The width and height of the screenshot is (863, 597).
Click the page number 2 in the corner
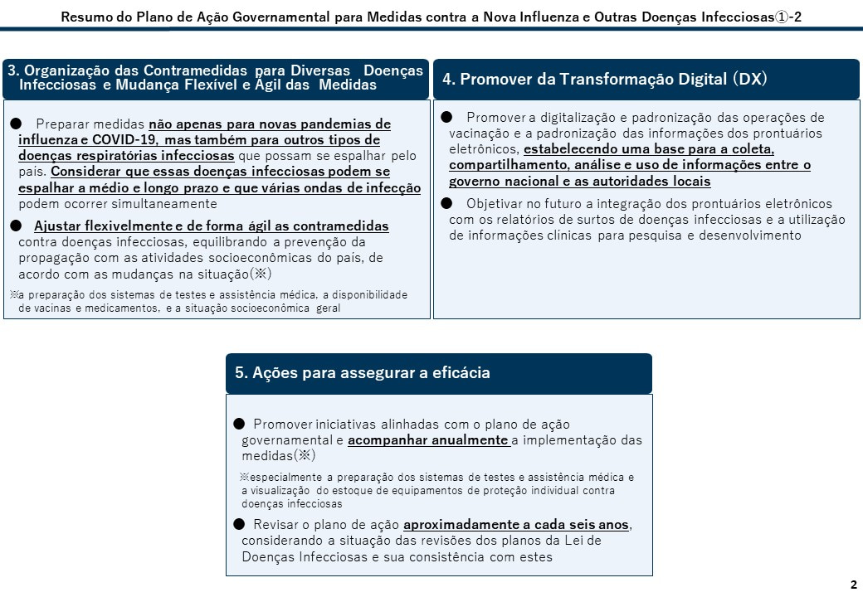[854, 585]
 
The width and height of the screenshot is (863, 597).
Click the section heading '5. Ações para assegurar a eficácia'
[362, 373]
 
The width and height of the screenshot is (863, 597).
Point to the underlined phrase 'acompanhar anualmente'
[428, 440]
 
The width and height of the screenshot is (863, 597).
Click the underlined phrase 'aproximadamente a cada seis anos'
[516, 525]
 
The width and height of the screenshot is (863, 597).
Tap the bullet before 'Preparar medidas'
[16, 124]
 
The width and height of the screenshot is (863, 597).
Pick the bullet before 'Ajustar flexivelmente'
[16, 226]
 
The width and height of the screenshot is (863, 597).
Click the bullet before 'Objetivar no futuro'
[446, 203]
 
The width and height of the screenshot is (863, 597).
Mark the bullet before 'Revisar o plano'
[239, 524]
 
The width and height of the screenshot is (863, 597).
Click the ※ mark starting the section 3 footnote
[14, 295]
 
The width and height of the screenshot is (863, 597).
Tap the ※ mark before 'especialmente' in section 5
[245, 478]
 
